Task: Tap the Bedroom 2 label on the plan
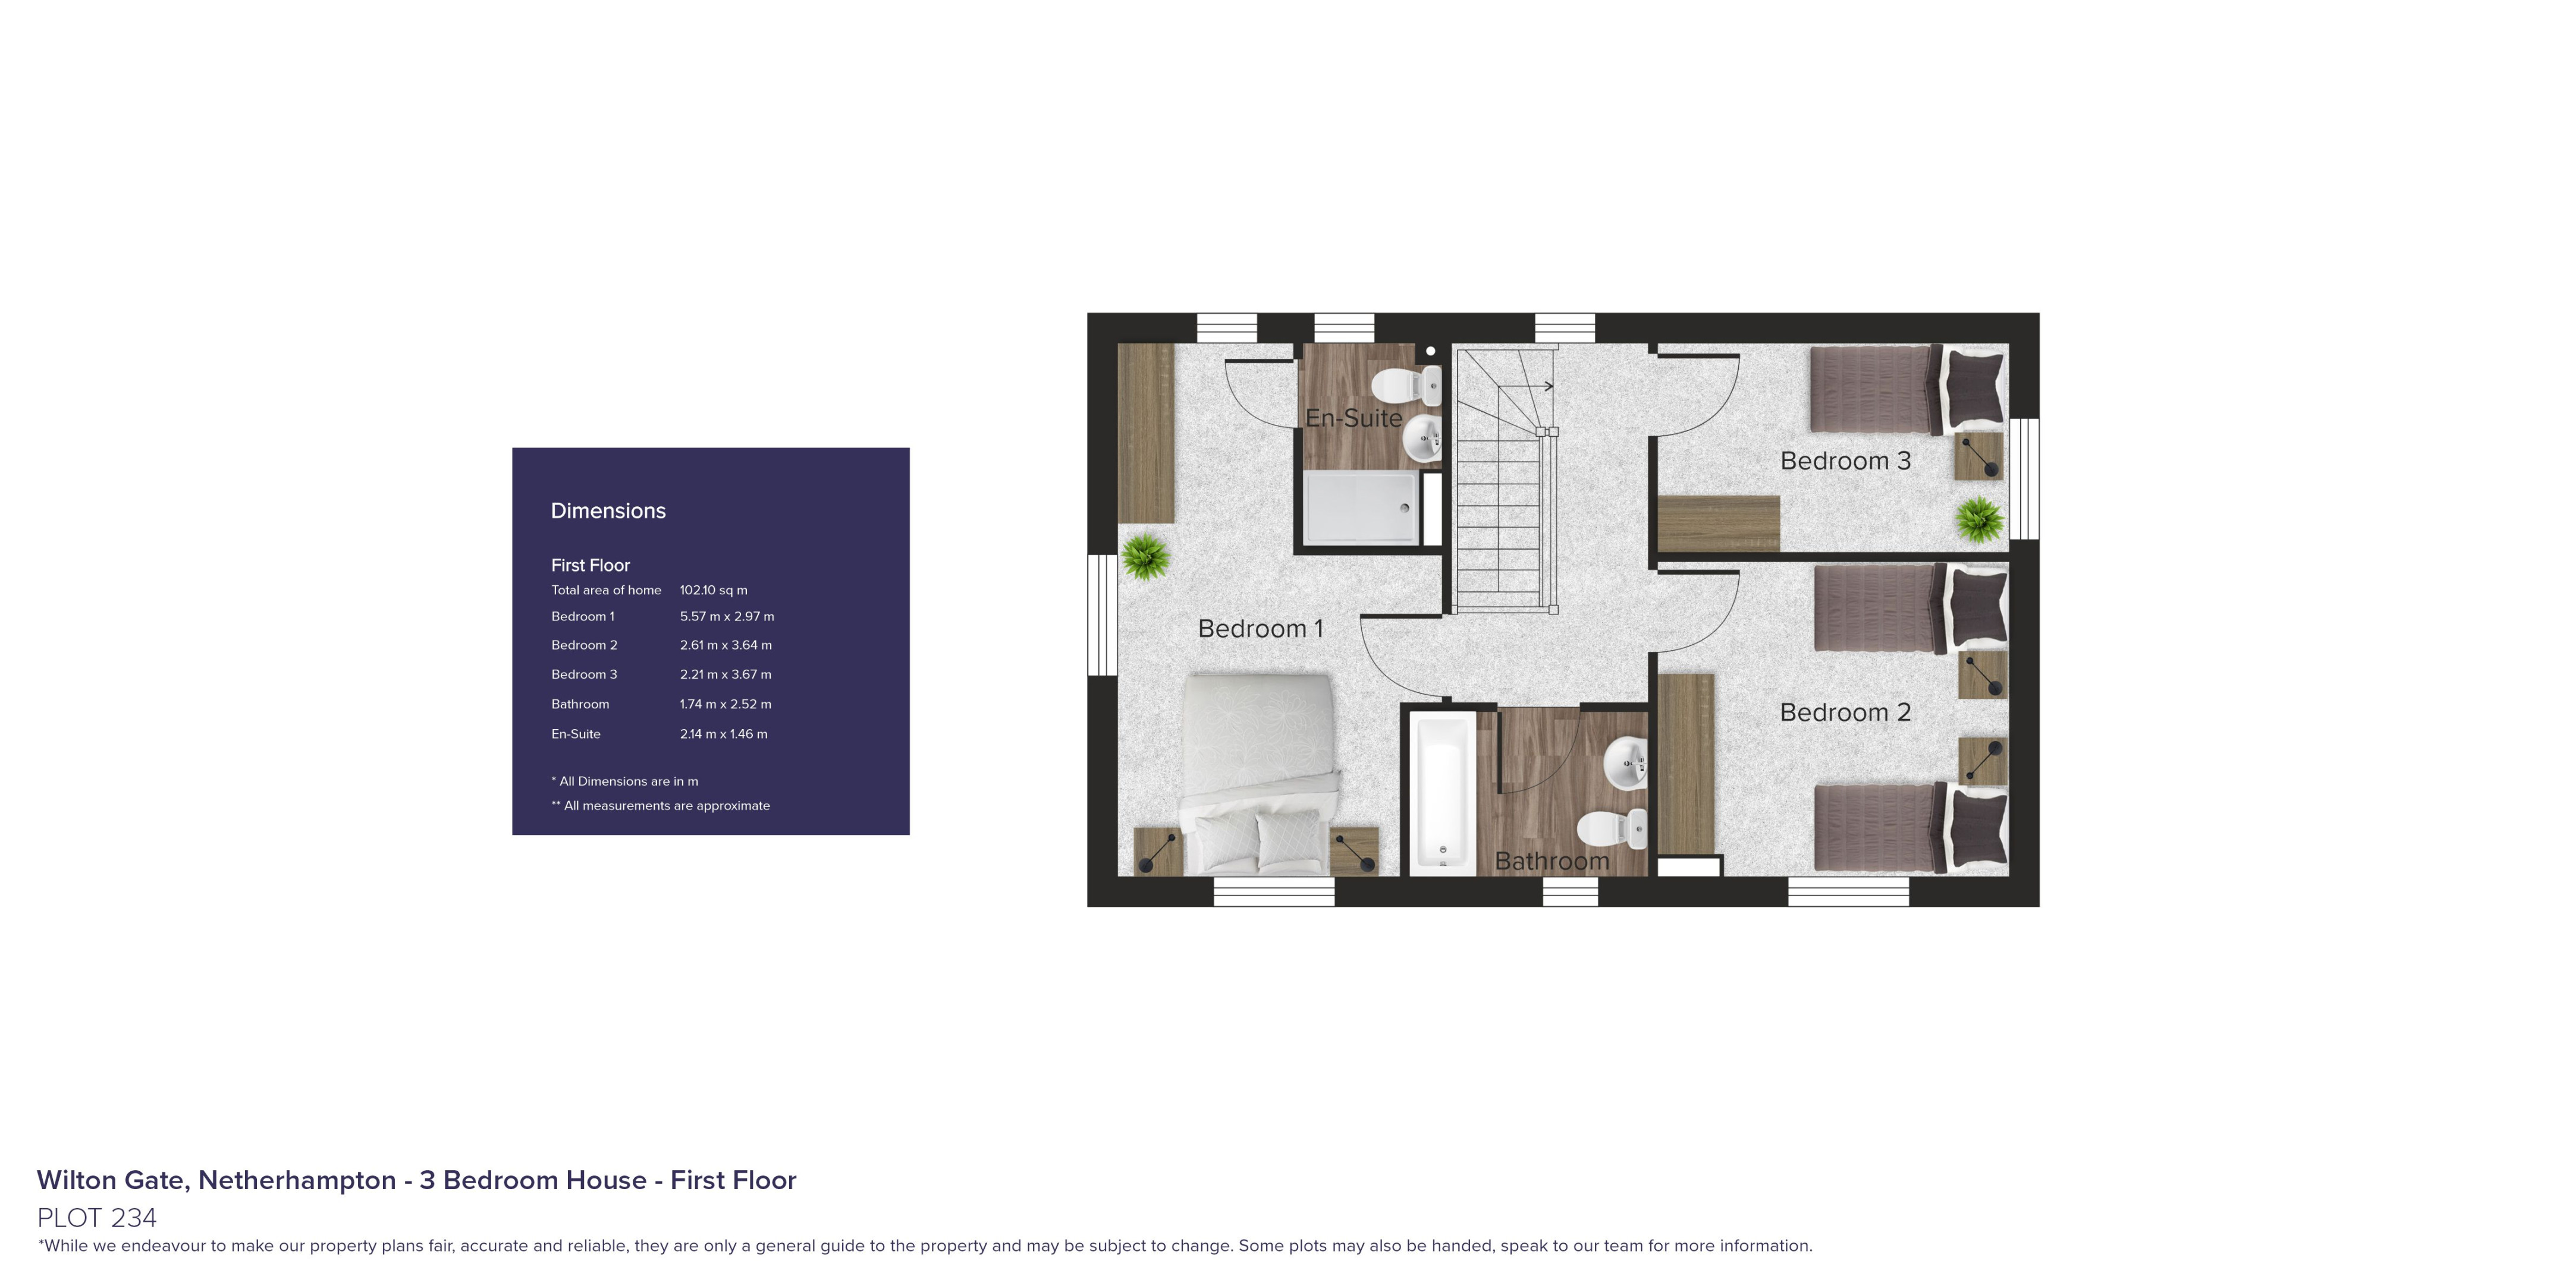pyautogui.click(x=1845, y=713)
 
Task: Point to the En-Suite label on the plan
pyautogui.click(x=1353, y=419)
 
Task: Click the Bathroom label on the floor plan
pyautogui.click(x=1552, y=861)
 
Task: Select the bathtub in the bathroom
pyautogui.click(x=1441, y=793)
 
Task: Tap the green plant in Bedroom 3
pyautogui.click(x=1978, y=519)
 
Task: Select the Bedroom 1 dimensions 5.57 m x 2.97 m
pyautogui.click(x=726, y=617)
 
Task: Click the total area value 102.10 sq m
pyautogui.click(x=713, y=590)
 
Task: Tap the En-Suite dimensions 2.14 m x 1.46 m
pyautogui.click(x=723, y=734)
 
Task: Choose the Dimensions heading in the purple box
pyautogui.click(x=608, y=510)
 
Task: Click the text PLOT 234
pyautogui.click(x=97, y=1217)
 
